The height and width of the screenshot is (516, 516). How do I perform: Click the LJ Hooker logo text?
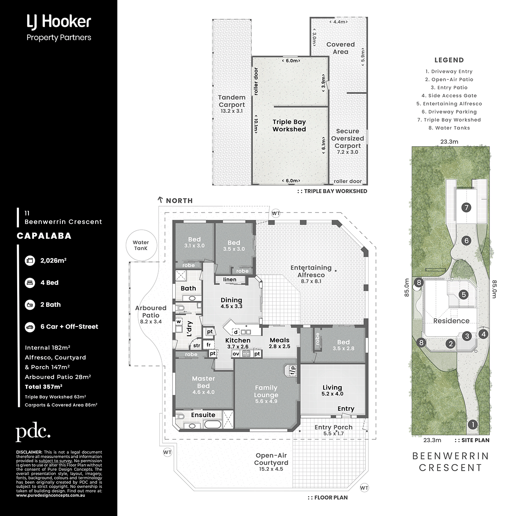pyautogui.click(x=59, y=22)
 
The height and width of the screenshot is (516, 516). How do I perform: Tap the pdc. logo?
pyautogui.click(x=33, y=432)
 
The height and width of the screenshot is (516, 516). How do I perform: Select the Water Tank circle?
pyautogui.click(x=141, y=245)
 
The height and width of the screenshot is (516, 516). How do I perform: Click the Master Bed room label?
pyautogui.click(x=204, y=382)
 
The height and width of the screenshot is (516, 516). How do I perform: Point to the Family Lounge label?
pyautogui.click(x=266, y=391)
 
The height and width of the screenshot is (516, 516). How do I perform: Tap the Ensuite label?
pyautogui.click(x=203, y=415)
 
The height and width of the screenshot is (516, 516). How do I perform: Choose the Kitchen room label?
pyautogui.click(x=238, y=340)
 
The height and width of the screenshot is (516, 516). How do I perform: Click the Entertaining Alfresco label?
pyautogui.click(x=311, y=271)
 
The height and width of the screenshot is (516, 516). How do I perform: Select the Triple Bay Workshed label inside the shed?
pyautogui.click(x=289, y=126)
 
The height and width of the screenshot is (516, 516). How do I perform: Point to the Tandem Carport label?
pyautogui.click(x=232, y=101)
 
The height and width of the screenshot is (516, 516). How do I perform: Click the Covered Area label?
pyautogui.click(x=340, y=48)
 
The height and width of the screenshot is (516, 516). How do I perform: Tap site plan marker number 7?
pyautogui.click(x=466, y=207)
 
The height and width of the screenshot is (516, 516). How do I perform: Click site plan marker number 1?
pyautogui.click(x=473, y=425)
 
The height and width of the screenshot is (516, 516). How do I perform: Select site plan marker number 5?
pyautogui.click(x=464, y=295)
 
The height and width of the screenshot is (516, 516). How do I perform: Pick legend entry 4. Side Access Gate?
pyautogui.click(x=449, y=96)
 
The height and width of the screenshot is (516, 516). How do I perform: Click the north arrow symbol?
pyautogui.click(x=161, y=200)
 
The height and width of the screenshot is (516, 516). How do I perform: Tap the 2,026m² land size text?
pyautogui.click(x=53, y=260)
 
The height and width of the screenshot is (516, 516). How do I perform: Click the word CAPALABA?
pyautogui.click(x=44, y=236)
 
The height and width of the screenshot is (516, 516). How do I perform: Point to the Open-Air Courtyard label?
pyautogui.click(x=271, y=459)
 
